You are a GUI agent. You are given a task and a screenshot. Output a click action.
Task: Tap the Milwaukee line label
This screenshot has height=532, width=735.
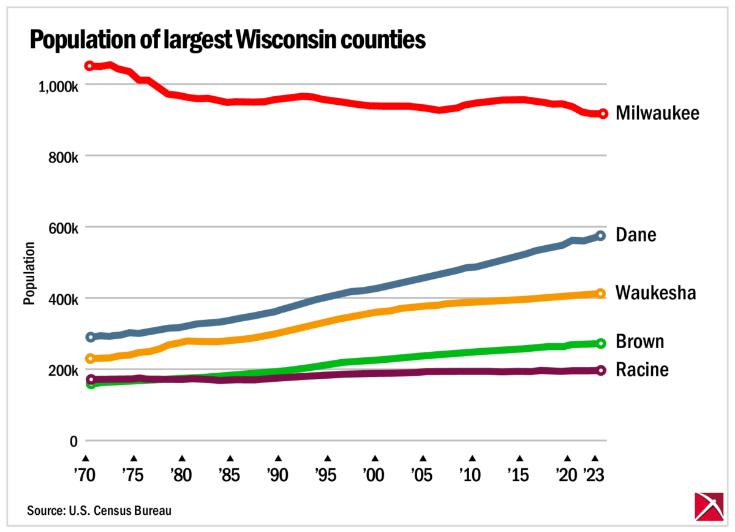(657, 113)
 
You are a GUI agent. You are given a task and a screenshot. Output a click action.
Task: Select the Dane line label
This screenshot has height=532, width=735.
(636, 235)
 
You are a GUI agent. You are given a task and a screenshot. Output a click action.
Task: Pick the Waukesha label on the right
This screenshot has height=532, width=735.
(655, 293)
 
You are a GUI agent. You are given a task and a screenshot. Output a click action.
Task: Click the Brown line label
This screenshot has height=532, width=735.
(639, 341)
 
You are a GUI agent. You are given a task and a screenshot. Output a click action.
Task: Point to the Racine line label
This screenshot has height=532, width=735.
(641, 370)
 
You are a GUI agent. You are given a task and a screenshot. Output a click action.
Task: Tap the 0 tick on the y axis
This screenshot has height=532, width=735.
(73, 441)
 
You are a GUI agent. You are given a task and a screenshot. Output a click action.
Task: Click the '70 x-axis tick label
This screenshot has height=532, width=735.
(86, 474)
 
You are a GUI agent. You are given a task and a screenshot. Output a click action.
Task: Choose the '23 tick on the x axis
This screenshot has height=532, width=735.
(594, 474)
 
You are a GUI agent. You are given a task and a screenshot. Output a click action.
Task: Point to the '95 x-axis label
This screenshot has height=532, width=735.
(328, 474)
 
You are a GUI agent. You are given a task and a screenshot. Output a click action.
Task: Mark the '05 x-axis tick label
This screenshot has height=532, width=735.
(423, 474)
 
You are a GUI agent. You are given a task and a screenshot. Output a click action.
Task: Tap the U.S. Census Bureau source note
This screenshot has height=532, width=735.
(99, 510)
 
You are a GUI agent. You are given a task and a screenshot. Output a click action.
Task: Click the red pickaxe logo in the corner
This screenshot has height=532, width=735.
(710, 506)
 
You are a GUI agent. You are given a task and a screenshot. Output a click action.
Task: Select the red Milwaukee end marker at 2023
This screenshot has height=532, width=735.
(603, 113)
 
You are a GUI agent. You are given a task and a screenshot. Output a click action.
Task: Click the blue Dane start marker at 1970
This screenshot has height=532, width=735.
(90, 337)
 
